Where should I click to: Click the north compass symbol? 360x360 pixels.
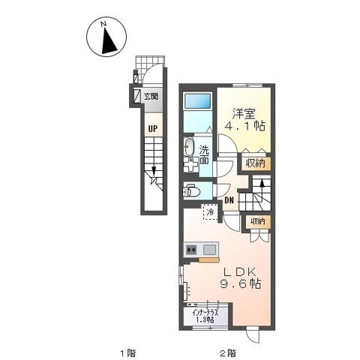click(x=106, y=37)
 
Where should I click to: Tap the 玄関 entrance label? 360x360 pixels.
click(x=151, y=96)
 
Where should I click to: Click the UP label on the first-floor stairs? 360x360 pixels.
click(x=153, y=129)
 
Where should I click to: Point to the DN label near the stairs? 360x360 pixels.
click(x=229, y=200)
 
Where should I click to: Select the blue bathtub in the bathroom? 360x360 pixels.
click(x=197, y=101)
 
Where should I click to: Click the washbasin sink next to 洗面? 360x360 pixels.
click(x=189, y=146)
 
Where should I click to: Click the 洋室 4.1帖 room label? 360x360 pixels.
click(x=244, y=119)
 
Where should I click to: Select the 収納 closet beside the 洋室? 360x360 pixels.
click(x=255, y=163)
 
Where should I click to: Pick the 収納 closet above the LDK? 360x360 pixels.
click(x=258, y=221)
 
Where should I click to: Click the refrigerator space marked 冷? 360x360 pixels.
click(x=211, y=212)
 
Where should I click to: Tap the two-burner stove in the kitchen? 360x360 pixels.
click(x=192, y=250)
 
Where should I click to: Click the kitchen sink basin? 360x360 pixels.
click(x=209, y=250)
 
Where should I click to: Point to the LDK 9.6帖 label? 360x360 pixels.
click(x=241, y=277)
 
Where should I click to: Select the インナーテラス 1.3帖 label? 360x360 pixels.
click(x=205, y=316)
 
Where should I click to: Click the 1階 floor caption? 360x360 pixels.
click(x=128, y=353)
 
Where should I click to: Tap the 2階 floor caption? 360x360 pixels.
click(x=228, y=353)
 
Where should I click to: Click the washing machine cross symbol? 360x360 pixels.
click(x=190, y=165)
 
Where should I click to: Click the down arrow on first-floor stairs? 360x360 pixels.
click(x=154, y=170)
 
